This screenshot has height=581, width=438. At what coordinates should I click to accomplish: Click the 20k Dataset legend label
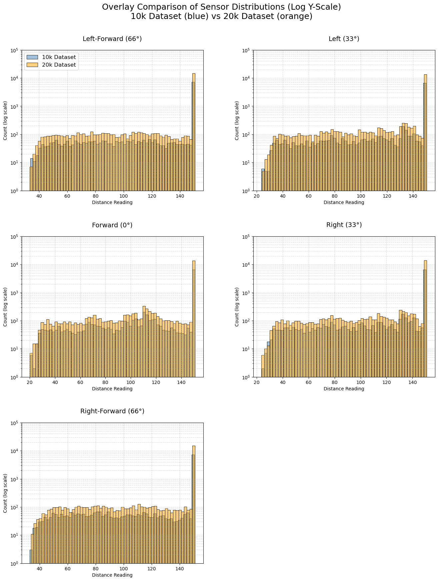[x=59, y=65]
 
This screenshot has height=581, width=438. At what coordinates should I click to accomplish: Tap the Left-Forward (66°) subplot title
[x=112, y=39]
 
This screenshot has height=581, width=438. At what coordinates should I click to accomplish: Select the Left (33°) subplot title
[x=344, y=39]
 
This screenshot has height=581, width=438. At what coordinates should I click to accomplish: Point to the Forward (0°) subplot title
[x=112, y=225]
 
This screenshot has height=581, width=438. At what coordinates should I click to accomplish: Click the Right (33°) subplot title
[x=344, y=225]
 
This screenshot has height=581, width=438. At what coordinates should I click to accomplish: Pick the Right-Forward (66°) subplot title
[x=112, y=411]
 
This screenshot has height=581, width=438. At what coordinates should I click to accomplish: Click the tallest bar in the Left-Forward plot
[x=194, y=133]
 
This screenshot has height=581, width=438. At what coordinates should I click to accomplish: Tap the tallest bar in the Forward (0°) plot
[x=194, y=320]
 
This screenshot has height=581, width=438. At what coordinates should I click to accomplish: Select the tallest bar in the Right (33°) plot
[x=425, y=320]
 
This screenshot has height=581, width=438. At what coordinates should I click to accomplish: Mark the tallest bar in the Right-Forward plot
[x=194, y=507]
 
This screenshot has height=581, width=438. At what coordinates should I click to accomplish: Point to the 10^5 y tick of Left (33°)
[x=246, y=50]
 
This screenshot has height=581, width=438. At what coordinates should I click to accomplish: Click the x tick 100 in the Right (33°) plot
[x=361, y=382]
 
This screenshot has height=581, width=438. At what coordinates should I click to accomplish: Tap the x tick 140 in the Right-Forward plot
[x=180, y=569]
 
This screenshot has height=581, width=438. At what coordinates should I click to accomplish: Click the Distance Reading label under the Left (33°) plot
[x=344, y=202]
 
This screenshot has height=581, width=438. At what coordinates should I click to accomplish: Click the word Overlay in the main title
[x=115, y=7]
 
